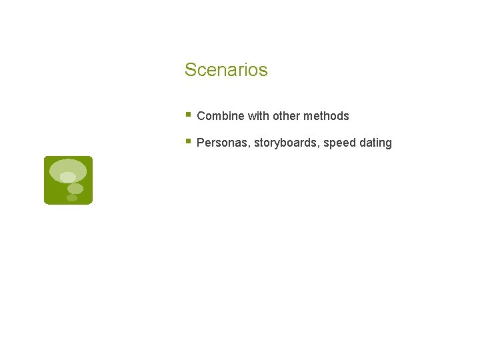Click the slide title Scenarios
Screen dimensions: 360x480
[226, 70]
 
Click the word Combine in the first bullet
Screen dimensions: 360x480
[221, 116]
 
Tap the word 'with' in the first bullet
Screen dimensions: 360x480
[258, 116]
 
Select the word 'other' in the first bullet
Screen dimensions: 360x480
[286, 116]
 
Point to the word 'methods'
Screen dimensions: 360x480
[326, 116]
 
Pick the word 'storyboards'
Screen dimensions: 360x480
[285, 143]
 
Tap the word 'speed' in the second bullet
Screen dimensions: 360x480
[339, 143]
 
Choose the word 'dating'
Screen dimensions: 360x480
[375, 143]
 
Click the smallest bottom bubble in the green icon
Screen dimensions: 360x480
[71, 198]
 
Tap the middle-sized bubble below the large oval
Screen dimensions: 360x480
[75, 189]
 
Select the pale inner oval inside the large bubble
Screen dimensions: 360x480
[67, 177]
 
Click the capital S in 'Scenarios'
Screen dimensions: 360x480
[190, 70]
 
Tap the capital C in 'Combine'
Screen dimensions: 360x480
[201, 116]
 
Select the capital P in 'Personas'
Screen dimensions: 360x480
[201, 143]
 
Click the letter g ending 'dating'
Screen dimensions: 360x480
[388, 144]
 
